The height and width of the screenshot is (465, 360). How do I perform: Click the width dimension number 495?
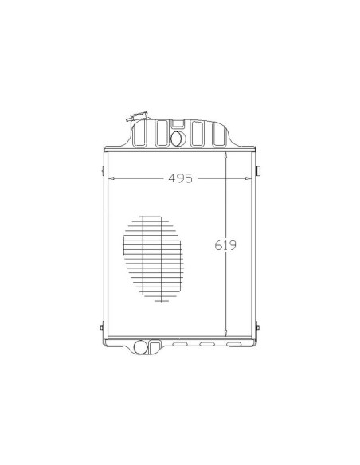(180, 178)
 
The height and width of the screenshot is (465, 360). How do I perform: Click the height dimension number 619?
(225, 245)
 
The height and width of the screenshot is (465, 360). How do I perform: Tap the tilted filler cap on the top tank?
(137, 116)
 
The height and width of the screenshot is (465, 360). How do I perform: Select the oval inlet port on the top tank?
(178, 139)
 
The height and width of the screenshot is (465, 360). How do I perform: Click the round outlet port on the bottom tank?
(140, 347)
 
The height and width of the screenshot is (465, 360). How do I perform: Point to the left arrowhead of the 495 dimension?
(112, 178)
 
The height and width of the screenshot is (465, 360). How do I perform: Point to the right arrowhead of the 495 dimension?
(248, 178)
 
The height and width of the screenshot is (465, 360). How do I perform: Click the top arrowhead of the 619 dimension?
(226, 155)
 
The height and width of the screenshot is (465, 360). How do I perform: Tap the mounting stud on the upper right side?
(258, 171)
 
